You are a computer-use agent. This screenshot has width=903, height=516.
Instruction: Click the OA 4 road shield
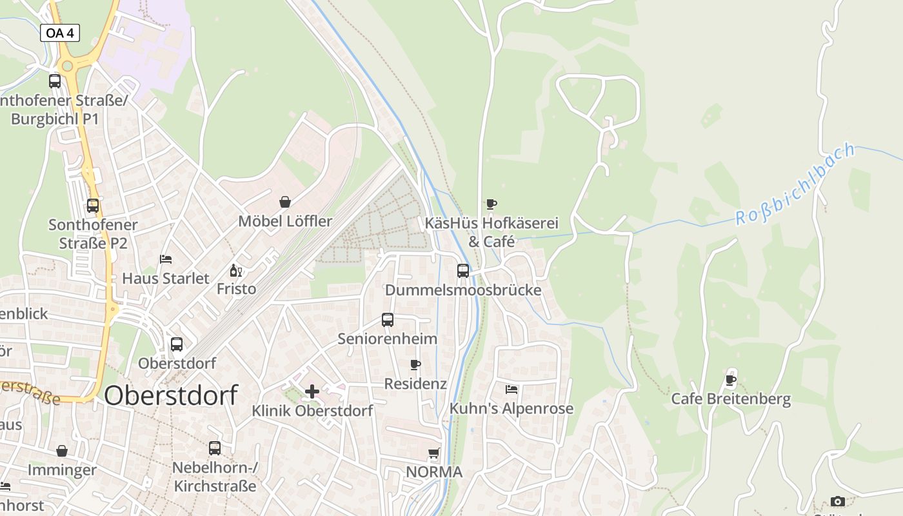click(x=60, y=33)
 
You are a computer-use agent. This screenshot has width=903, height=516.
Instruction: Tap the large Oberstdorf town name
click(x=170, y=395)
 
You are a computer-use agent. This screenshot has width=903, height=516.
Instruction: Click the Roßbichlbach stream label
click(x=795, y=184)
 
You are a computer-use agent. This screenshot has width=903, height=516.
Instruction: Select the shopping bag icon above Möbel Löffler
click(x=285, y=202)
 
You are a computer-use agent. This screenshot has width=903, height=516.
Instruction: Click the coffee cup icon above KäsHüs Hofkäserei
click(x=491, y=204)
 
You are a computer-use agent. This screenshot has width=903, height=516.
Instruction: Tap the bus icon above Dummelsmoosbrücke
click(x=463, y=270)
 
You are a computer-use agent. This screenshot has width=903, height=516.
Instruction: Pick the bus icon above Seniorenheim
click(x=388, y=319)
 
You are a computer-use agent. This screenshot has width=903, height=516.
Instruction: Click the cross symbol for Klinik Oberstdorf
click(x=312, y=391)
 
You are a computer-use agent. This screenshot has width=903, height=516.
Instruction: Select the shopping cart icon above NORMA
click(x=434, y=453)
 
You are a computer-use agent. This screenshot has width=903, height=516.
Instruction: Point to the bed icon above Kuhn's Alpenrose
click(x=511, y=389)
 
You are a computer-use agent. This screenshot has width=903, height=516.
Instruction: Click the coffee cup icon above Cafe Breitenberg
click(x=731, y=380)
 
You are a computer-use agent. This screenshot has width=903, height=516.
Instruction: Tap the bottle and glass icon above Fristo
click(x=236, y=270)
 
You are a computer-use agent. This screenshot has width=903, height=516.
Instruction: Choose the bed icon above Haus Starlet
click(x=166, y=259)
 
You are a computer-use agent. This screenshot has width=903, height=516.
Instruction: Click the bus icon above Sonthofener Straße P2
click(x=93, y=206)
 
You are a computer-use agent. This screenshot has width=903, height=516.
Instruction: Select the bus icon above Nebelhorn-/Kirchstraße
click(x=215, y=448)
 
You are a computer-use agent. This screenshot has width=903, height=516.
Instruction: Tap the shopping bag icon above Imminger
click(x=62, y=451)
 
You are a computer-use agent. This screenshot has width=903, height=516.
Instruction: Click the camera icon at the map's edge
click(x=838, y=501)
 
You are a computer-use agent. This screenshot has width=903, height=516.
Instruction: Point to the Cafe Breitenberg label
click(x=731, y=399)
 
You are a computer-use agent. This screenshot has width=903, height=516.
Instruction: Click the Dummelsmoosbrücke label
click(x=463, y=290)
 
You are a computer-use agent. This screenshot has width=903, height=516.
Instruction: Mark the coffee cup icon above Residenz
click(x=416, y=364)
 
